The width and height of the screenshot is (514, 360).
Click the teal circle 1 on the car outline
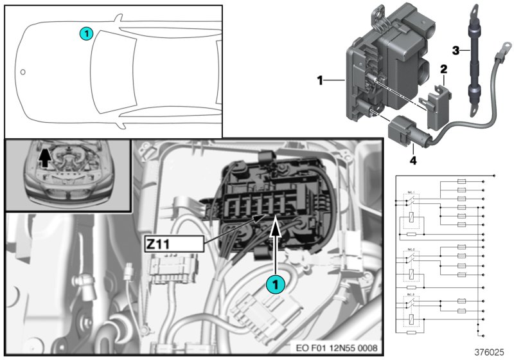pyautogui.click(x=86, y=33)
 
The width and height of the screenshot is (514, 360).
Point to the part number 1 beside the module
pyautogui.click(x=319, y=81)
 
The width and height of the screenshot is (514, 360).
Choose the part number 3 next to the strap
pyautogui.click(x=456, y=50)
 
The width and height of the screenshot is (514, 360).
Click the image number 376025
pyautogui.click(x=491, y=352)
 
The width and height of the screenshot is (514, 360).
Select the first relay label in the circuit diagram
pyautogui.click(x=411, y=192)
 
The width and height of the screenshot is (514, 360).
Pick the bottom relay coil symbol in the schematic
pyautogui.click(x=411, y=319)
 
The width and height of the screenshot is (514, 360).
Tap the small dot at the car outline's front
pyautogui.click(x=22, y=71)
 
